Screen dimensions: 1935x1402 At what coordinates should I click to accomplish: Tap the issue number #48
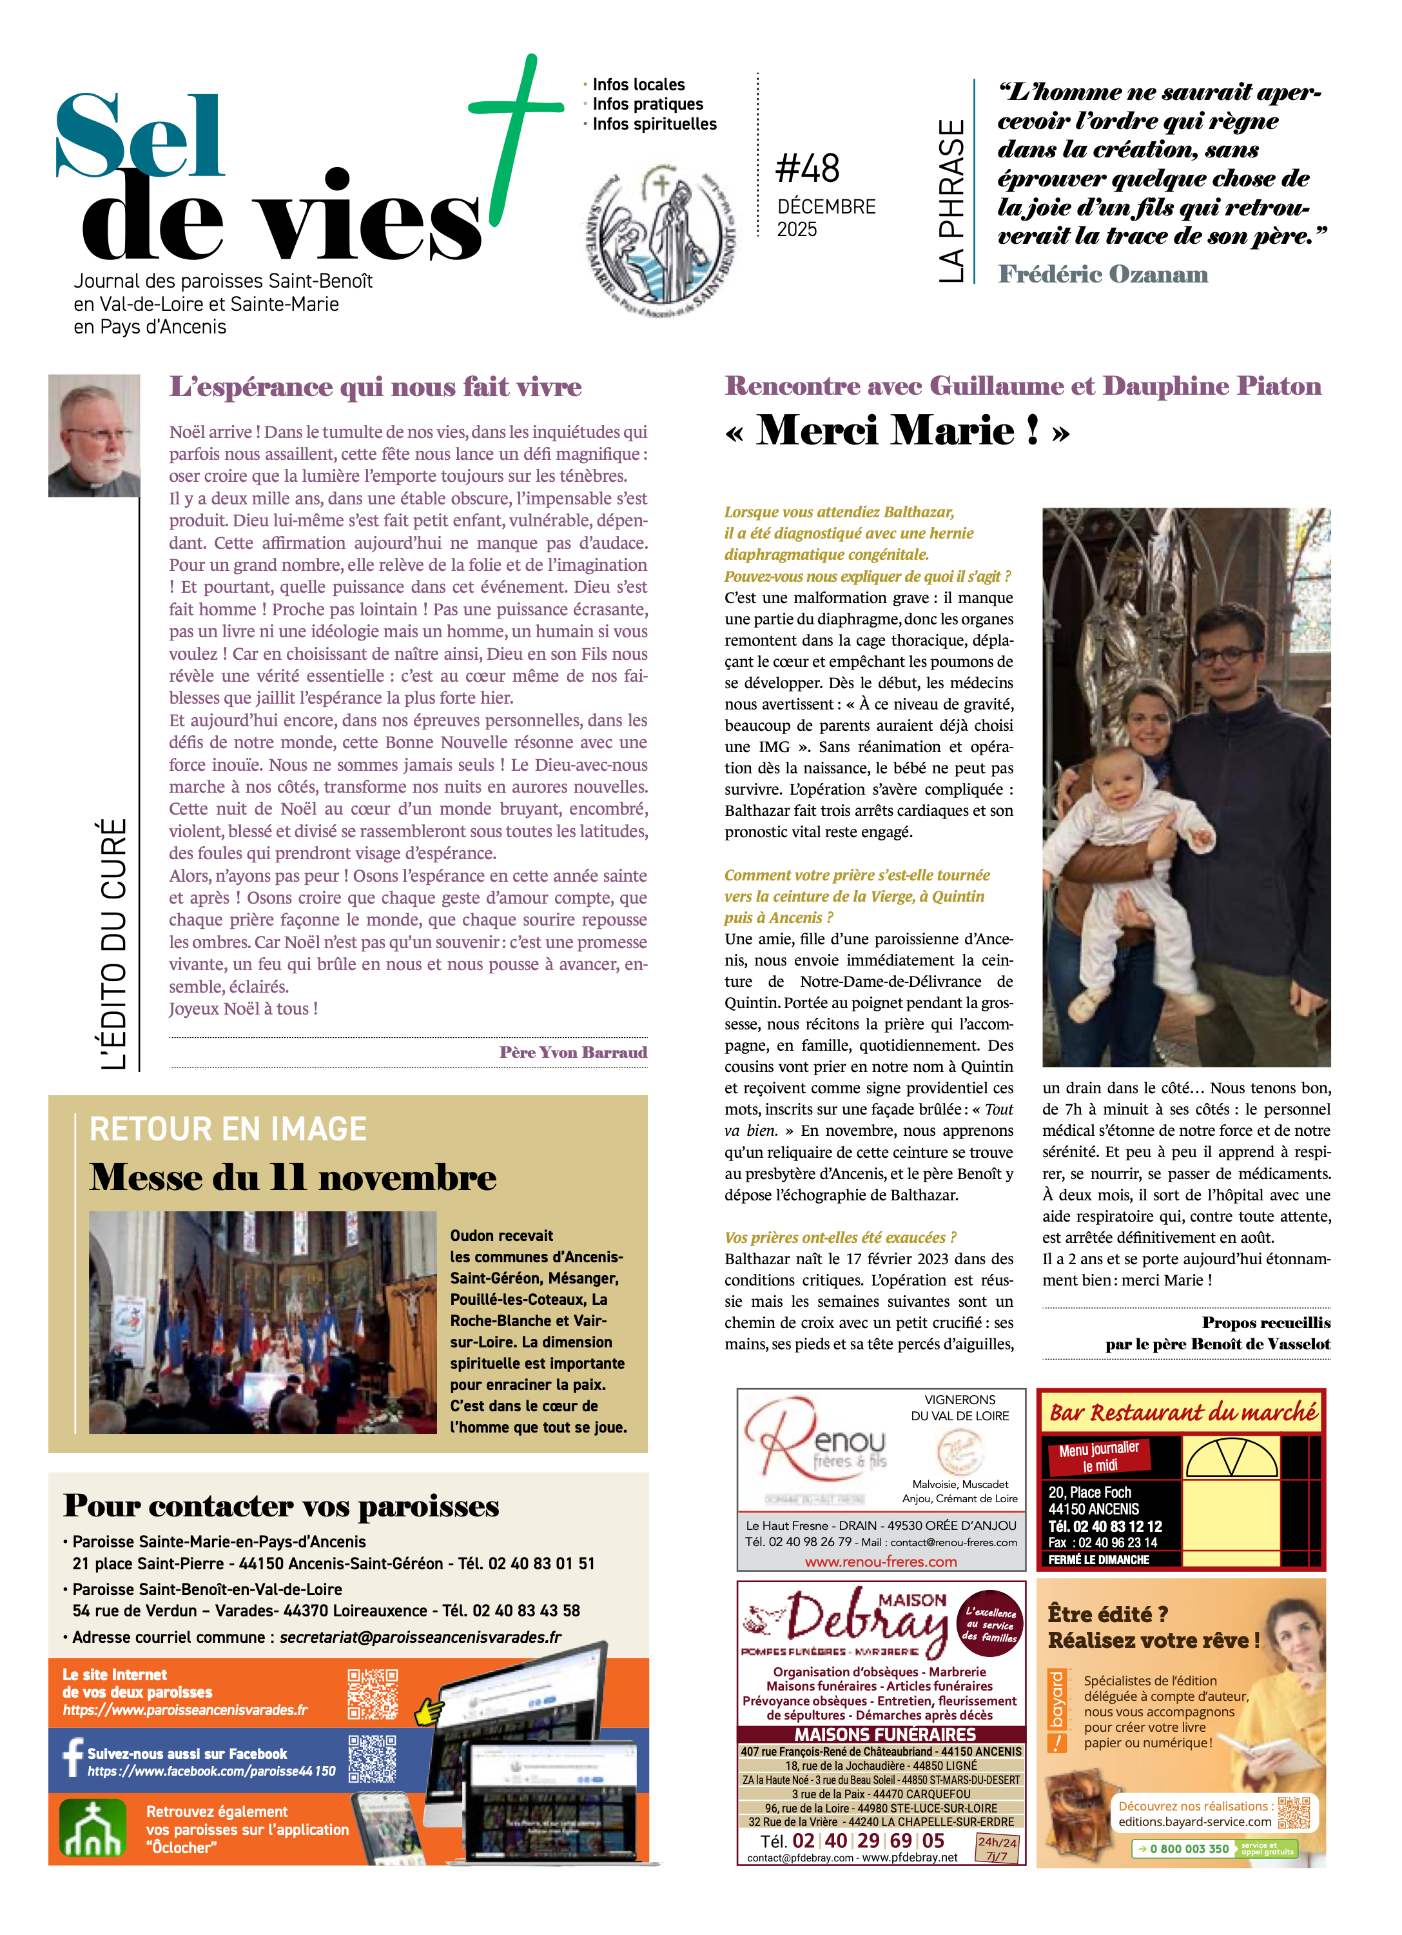tap(807, 168)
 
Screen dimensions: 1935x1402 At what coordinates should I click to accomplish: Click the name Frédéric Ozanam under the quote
tap(1103, 275)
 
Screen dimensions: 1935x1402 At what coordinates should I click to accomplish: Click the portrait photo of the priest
tap(94, 435)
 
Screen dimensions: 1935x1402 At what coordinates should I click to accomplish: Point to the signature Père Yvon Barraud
tap(573, 1052)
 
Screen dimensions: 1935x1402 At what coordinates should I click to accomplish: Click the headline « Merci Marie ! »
tap(897, 431)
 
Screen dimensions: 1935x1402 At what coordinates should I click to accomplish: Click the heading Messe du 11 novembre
tap(293, 1177)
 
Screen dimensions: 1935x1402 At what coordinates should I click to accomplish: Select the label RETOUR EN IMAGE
tap(228, 1129)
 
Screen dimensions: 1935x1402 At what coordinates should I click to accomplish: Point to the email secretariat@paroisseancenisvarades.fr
tap(420, 1636)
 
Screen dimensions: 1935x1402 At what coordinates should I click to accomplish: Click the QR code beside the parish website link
tap(373, 1694)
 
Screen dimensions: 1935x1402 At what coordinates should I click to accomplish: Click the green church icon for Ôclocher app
tap(92, 1829)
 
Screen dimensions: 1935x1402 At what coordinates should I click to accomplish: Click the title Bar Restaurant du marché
tap(1182, 1413)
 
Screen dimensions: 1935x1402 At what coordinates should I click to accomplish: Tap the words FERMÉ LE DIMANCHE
tap(1098, 1560)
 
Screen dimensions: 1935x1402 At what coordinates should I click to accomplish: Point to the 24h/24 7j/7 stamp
tap(997, 1849)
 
